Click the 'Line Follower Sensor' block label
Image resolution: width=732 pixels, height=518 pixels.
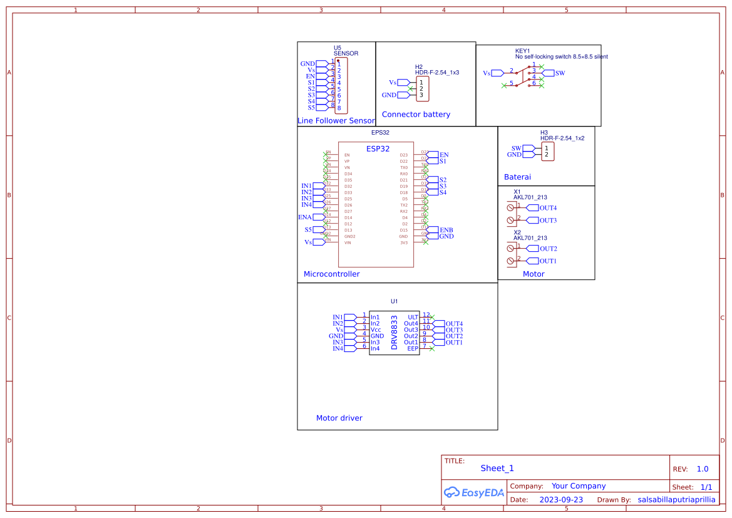[336, 120]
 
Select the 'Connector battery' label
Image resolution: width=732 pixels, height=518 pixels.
[416, 114]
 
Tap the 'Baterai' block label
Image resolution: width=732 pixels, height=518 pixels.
[517, 177]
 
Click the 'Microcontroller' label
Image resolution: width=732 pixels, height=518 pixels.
[331, 274]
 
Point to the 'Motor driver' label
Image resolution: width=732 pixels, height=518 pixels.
[339, 418]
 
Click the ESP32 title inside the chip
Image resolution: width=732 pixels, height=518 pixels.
[378, 148]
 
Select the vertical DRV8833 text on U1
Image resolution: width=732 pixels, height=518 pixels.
[394, 333]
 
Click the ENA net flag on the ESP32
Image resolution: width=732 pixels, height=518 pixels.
[305, 217]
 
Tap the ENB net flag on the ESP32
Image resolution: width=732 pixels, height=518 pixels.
[446, 230]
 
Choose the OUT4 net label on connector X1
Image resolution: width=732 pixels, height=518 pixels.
[548, 208]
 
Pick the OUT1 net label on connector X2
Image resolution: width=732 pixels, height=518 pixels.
[548, 261]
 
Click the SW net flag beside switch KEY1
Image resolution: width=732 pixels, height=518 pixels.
[560, 73]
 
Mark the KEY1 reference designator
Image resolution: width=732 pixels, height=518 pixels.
[522, 51]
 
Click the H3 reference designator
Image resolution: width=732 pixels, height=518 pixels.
[544, 133]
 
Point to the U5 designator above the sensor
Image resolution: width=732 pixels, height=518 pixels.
[338, 48]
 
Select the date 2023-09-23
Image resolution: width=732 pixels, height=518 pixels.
[560, 500]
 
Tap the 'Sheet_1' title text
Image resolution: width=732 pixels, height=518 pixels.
[497, 468]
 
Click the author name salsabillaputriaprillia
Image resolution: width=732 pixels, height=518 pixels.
[676, 500]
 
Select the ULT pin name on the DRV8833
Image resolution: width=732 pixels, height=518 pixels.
[413, 318]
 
